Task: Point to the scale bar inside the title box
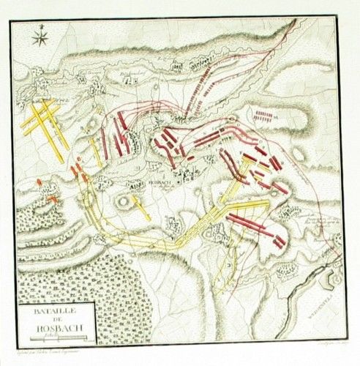[x=55, y=337]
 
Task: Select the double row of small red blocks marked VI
[x=265, y=116]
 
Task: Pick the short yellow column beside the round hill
[x=143, y=207]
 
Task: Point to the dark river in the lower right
[x=307, y=307]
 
